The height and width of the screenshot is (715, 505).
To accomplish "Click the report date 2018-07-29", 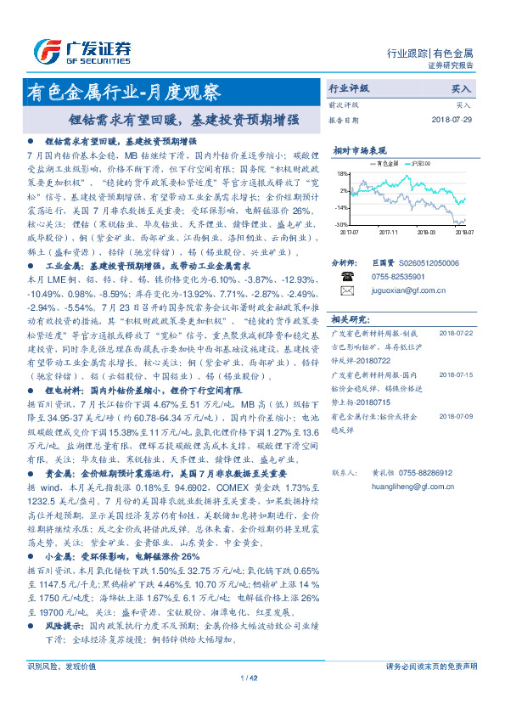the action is tap(450, 120).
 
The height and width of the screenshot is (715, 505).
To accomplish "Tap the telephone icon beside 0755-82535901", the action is tap(346, 277).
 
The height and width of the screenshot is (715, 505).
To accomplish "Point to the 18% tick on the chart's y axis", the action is tap(342, 172).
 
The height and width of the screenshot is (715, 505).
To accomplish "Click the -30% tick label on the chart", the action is tap(341, 224).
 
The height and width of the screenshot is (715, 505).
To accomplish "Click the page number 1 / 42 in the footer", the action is tap(251, 677).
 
